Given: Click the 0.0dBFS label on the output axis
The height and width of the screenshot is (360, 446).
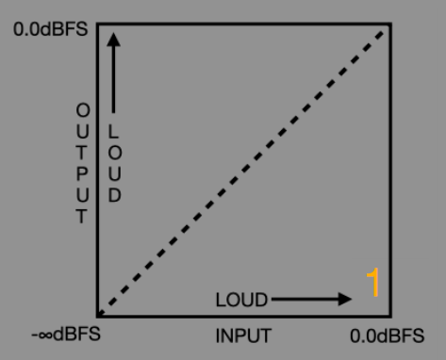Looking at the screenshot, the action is [50, 29].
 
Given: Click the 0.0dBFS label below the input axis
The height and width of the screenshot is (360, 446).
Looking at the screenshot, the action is [387, 335].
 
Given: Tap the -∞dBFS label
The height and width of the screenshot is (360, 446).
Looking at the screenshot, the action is [66, 334].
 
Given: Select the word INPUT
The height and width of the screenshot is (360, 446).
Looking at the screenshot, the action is [243, 335].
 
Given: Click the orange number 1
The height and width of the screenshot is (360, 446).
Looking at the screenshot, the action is [373, 282].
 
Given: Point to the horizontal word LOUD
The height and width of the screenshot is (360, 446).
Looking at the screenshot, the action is [241, 300].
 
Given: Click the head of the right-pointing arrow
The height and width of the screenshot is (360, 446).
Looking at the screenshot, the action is [345, 299].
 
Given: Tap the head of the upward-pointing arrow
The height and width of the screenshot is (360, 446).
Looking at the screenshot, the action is [113, 40].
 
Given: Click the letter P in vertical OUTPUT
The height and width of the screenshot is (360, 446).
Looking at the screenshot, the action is [82, 174].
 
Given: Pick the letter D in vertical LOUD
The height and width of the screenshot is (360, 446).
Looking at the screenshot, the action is [114, 195].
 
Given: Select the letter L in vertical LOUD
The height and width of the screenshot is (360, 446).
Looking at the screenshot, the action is [113, 131].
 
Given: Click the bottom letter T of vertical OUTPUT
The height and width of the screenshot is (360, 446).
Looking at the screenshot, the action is [82, 216].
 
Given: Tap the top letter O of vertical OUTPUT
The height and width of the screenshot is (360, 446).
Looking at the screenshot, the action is [83, 110].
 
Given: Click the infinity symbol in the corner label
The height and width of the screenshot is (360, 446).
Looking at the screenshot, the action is [45, 335].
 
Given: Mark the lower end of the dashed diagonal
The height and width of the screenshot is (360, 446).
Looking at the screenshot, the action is [99, 314].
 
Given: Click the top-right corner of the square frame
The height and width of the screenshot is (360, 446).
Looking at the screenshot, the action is [390, 24].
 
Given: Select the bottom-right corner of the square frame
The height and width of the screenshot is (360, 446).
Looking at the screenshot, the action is [390, 316].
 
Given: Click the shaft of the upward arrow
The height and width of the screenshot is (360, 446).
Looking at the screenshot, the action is [113, 80].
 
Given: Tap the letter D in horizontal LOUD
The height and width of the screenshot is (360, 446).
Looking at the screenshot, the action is [261, 300].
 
